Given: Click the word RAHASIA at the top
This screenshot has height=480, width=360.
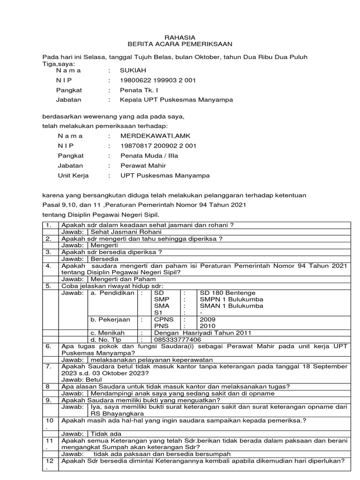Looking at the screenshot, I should pyautogui.click(x=180, y=37).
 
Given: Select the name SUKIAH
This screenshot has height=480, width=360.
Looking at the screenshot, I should pyautogui.click(x=134, y=70).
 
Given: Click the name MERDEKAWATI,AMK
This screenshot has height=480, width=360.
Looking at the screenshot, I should pyautogui.click(x=152, y=136).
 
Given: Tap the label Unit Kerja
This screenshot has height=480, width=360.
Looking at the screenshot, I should pyautogui.click(x=73, y=175).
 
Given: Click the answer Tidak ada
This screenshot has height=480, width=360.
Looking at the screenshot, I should pyautogui.click(x=106, y=434).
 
